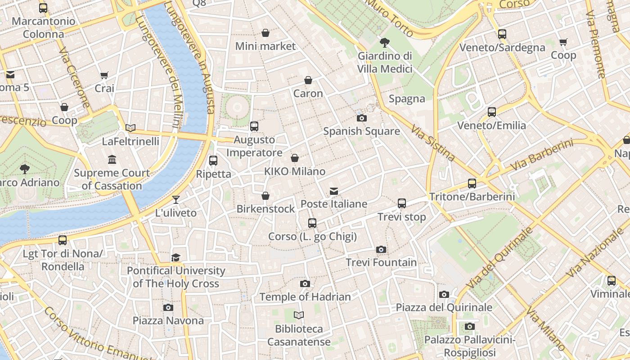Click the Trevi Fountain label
(x=381, y=262)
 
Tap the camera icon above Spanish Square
(x=361, y=118)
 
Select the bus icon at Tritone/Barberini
(x=472, y=184)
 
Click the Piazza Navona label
(x=168, y=320)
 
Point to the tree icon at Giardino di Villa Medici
(x=385, y=43)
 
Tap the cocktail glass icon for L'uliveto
(x=176, y=200)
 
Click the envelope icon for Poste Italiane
(x=333, y=191)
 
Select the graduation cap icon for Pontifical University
(x=175, y=257)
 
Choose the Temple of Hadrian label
(x=305, y=297)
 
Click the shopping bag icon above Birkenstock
(x=265, y=196)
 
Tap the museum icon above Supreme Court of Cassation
(x=112, y=160)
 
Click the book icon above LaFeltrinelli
(x=130, y=128)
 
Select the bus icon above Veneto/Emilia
(x=491, y=112)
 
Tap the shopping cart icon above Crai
(x=104, y=76)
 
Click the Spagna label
(x=407, y=99)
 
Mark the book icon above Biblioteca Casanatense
(x=299, y=315)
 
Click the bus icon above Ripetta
(x=213, y=161)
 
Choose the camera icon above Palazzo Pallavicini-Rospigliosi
(x=469, y=326)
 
